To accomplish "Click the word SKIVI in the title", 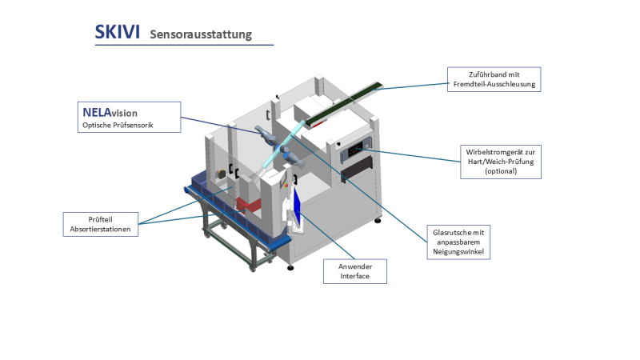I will [118, 32].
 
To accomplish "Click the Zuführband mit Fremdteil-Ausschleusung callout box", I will [493, 79].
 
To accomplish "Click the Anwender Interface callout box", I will [355, 271].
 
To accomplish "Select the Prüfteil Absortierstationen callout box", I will [100, 224].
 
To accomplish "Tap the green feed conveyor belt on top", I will [344, 104].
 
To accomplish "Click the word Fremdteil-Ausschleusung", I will [493, 84].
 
